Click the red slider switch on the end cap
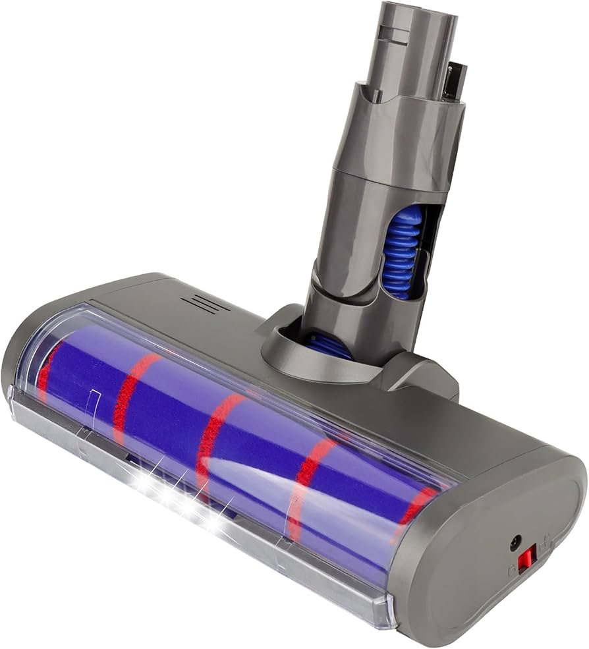tap(525, 562)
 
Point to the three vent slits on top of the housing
tap(205, 304)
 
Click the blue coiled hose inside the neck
tap(401, 250)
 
